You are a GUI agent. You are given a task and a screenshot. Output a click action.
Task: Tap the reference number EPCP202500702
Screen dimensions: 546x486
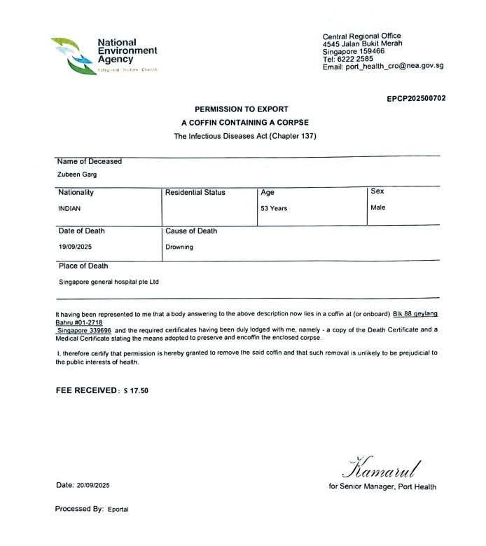coord(416,99)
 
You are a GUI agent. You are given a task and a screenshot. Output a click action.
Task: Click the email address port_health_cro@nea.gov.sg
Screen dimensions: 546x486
coord(395,67)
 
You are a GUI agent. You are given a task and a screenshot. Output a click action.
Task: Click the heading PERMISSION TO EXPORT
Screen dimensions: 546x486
coord(242,110)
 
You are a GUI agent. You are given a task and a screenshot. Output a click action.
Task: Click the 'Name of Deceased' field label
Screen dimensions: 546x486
coord(88,161)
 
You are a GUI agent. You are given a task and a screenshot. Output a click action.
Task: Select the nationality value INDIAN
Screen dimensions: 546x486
coord(69,208)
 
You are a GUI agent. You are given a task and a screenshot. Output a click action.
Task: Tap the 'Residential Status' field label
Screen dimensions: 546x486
coord(195,192)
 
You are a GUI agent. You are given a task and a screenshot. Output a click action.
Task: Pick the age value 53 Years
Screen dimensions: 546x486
coord(274,208)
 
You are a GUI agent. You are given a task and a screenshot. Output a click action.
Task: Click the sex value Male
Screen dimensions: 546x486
coord(378,207)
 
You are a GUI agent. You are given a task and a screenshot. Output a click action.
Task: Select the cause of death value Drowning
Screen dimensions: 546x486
coord(179,247)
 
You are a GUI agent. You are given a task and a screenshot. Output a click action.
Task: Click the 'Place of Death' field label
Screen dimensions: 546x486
coord(82,266)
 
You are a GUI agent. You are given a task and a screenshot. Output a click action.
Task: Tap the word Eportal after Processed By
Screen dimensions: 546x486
coord(118,510)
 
